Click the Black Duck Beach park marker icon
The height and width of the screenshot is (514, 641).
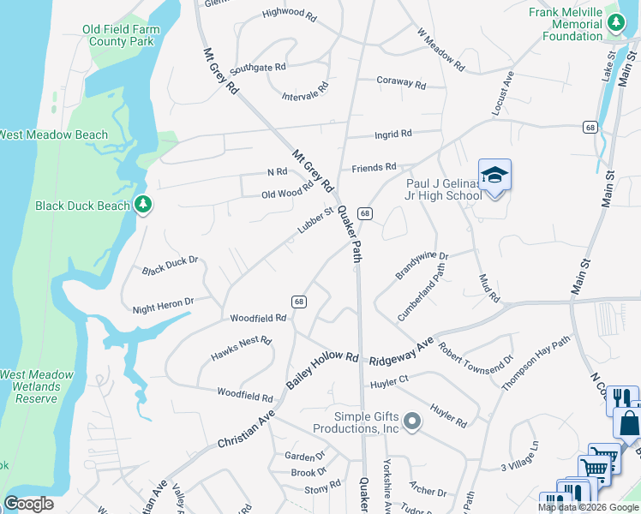(x=144, y=205)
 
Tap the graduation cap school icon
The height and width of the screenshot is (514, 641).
(x=494, y=176)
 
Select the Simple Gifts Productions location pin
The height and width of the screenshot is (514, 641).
(x=412, y=421)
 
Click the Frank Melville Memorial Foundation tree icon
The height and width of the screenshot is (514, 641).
(x=614, y=25)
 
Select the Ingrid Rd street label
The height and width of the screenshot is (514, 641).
(x=393, y=134)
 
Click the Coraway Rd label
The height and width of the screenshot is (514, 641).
(x=401, y=84)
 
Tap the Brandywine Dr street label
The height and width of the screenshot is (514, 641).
(x=422, y=265)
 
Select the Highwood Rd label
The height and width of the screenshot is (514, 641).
(x=283, y=13)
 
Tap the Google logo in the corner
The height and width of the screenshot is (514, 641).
(x=28, y=504)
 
